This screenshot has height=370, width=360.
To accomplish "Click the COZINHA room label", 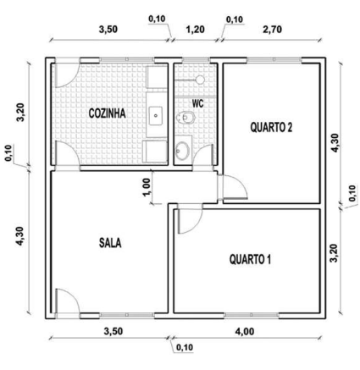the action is coord(107,113).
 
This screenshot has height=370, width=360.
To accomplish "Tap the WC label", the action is coord(197,103).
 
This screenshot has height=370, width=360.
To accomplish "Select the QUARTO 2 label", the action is coord(271,127).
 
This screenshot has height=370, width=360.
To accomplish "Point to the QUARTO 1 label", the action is coord(250,259).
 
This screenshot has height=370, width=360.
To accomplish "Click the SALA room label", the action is coord(110,243).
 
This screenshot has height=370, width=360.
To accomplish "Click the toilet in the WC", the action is coord(186,118).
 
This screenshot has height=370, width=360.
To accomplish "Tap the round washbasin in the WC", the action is coord(182,149).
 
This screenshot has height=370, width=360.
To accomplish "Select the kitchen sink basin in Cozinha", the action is coord(156,115).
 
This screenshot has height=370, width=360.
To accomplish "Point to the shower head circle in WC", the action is coord(201,80).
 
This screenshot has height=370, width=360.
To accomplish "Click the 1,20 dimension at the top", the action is coord(196,30).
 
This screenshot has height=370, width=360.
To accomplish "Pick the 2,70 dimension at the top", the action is coord(272,30).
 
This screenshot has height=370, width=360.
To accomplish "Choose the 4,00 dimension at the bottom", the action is coord(245,331).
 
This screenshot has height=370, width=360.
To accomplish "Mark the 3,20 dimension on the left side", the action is coord(21,113).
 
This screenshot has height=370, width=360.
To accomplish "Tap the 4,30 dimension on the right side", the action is coord(335,143).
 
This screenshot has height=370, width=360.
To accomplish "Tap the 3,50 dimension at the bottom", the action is coord(114,331).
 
